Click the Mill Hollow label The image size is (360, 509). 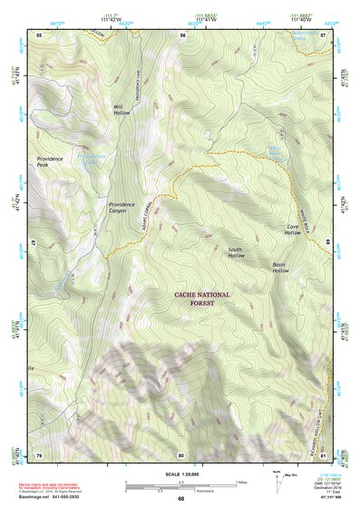point(121,111)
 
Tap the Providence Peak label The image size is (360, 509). point(49,162)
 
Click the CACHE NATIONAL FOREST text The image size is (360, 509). point(202,299)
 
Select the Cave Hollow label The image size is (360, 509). point(293,230)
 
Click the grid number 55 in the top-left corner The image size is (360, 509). point(39,35)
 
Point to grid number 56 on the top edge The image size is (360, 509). point(182,35)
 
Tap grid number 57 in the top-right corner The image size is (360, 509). point(323,35)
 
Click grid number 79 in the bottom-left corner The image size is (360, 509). point(39,455)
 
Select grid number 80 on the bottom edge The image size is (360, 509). point(181,455)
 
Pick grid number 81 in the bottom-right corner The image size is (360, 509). point(323,455)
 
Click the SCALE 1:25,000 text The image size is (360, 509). point(180,475)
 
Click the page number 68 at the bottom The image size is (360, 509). point(180,499)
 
